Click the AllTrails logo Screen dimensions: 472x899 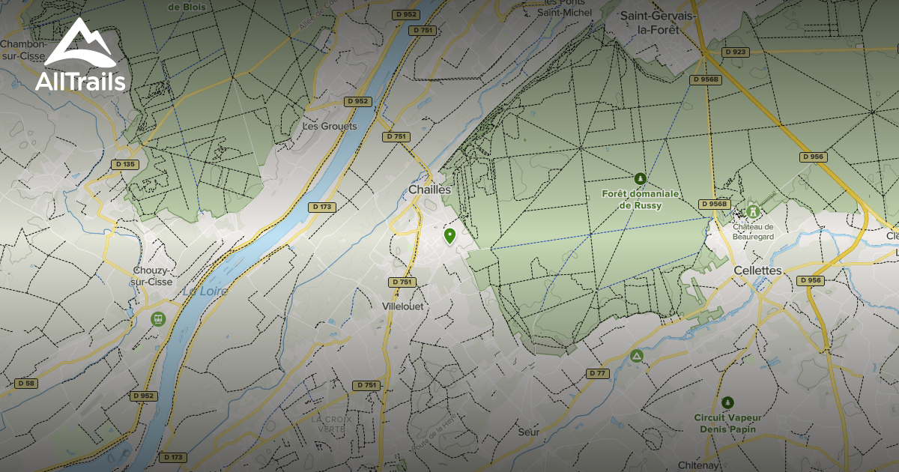79,56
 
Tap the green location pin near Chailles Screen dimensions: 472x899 449,237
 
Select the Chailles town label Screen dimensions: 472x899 430,190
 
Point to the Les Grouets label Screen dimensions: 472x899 330,126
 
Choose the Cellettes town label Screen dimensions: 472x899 757,270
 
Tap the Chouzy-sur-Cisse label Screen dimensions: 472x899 152,276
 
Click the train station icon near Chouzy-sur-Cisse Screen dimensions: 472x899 157,319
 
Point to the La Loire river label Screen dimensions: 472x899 205,289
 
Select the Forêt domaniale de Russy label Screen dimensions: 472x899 641,199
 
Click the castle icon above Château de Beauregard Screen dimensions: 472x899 753,212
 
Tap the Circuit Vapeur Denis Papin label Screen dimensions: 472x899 727,423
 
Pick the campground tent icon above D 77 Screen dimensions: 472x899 637,355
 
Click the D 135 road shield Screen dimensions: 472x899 125,164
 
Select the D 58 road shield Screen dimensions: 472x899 25,384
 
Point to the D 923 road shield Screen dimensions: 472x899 735,52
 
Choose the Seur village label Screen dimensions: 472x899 528,432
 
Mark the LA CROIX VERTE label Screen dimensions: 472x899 328,423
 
